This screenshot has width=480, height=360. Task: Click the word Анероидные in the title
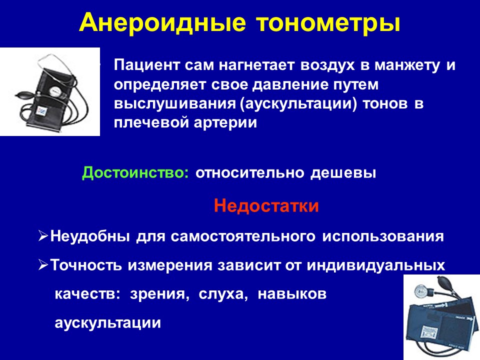[x=162, y=22]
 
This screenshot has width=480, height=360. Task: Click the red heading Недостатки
[x=266, y=205]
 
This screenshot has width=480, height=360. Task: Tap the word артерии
[x=225, y=123]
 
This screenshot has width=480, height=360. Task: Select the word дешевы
[x=343, y=173]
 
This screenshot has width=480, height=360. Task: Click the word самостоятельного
[x=243, y=236]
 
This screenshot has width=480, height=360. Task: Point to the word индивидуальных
[x=376, y=265]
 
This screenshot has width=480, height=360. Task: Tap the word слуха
[x=223, y=294]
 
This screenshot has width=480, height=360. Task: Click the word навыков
[x=292, y=294]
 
